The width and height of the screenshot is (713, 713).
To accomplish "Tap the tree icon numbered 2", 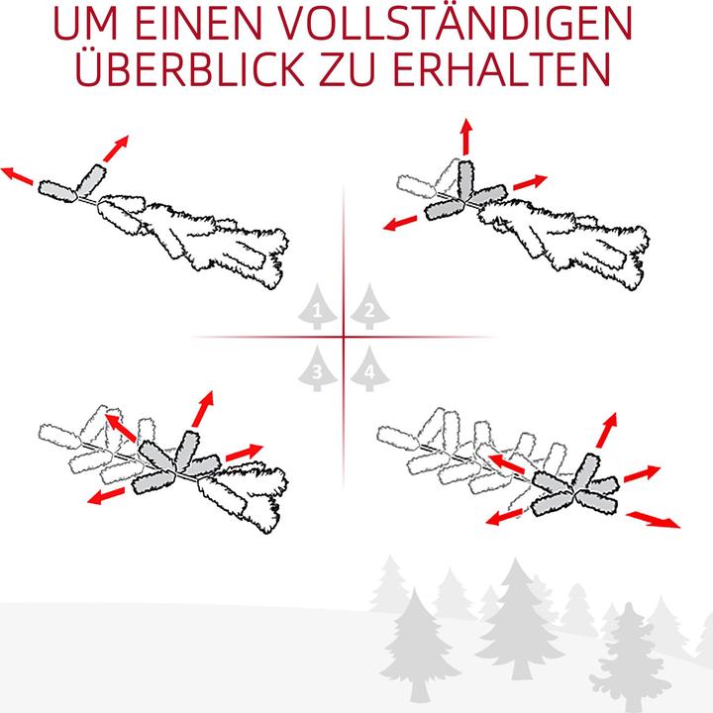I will coord(368,308).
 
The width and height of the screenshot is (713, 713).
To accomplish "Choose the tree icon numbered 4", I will coord(368,368).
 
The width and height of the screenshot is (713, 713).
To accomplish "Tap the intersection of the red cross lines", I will coord(344,338).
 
